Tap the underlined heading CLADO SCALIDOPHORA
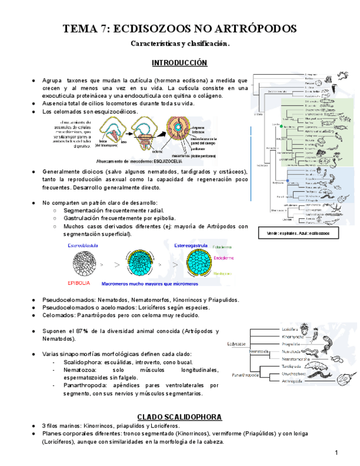180,416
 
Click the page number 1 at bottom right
336,452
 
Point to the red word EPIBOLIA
79,284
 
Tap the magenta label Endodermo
225,257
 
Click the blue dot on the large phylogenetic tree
287,179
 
